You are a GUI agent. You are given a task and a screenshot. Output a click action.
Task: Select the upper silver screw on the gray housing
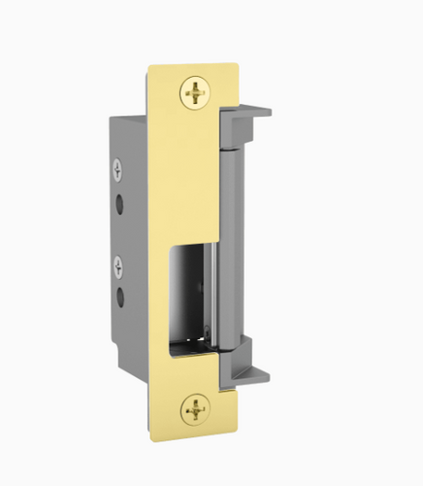point(118,171)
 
